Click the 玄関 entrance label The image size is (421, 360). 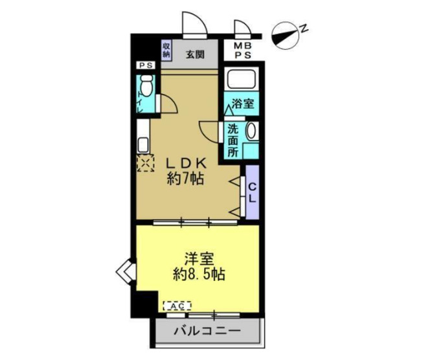click(194, 54)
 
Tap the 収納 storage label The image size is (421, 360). click(166, 51)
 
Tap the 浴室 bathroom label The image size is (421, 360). click(243, 102)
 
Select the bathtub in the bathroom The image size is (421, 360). click(241, 80)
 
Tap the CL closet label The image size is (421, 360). click(253, 192)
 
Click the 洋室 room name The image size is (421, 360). click(198, 257)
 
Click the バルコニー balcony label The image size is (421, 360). click(208, 332)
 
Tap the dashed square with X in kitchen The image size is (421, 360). click(145, 163)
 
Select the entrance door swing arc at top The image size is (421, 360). click(195, 23)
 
